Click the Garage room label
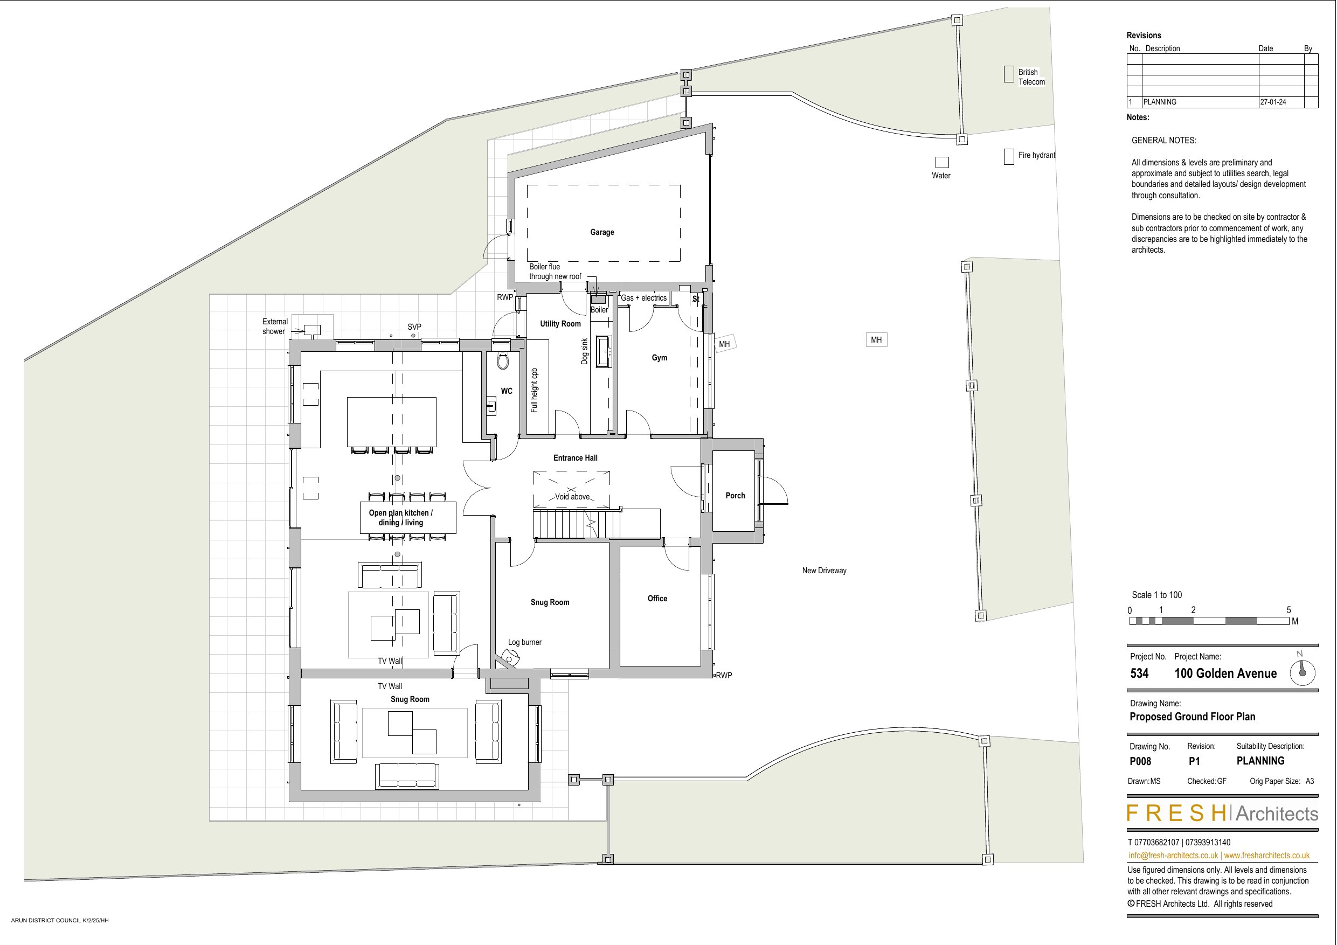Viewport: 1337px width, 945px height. coord(601,232)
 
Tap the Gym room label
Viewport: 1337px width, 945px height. coord(659,358)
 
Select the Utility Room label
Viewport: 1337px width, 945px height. coord(560,324)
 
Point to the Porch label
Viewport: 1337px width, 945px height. coord(735,496)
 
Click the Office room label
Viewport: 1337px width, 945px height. coord(657,599)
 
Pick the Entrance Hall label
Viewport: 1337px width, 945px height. coord(576,457)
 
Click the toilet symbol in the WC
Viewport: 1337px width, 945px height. coord(503,361)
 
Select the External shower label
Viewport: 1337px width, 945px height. coord(274,326)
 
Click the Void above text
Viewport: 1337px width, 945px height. coord(572,497)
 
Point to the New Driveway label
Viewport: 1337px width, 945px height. coord(824,571)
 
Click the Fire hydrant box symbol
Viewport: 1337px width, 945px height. coord(1009,157)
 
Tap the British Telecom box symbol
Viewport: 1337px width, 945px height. coord(1009,74)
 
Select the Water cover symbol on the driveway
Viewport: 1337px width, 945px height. coord(941,163)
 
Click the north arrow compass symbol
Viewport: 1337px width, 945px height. coord(1303,672)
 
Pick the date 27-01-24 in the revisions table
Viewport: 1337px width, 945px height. coord(1273,102)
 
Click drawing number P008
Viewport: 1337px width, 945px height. coord(1140,761)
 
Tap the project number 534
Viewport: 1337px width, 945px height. coord(1140,673)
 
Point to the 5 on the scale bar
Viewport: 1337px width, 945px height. coord(1288,610)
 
